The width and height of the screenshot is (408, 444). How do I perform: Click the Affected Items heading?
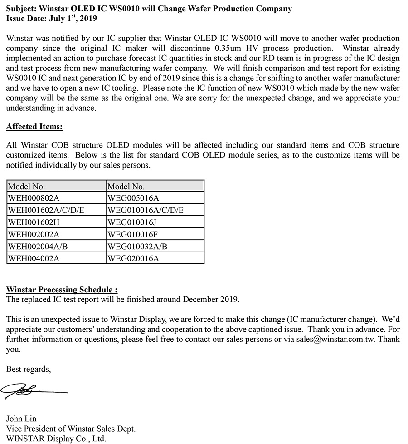click(34, 127)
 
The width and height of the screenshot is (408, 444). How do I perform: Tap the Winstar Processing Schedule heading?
click(62, 290)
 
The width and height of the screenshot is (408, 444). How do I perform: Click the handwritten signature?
click(34, 390)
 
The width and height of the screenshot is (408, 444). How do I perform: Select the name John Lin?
click(21, 419)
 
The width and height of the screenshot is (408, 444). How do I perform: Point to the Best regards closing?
click(29, 370)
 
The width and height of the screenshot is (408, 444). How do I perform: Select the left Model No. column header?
click(26, 186)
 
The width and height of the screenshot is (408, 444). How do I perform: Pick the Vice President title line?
click(71, 429)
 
